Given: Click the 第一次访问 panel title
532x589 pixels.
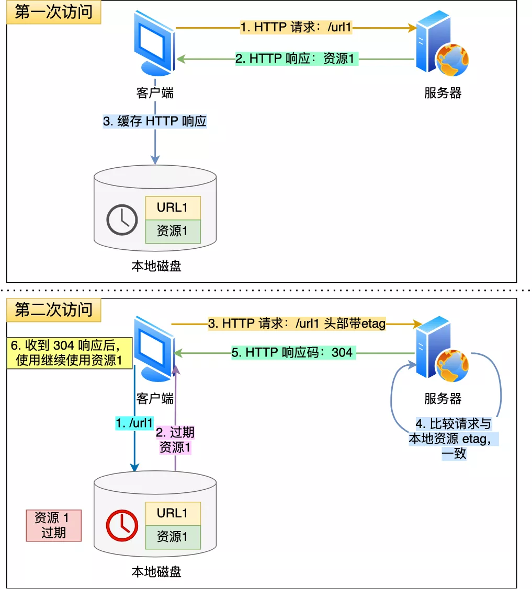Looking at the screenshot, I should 53,12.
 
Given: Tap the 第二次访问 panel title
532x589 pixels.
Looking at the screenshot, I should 53,310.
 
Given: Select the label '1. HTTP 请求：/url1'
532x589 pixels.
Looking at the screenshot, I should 296,27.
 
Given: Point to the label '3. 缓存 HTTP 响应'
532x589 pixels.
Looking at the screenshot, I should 155,121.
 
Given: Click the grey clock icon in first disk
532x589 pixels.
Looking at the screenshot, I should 122,220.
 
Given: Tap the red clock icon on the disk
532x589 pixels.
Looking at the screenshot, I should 122,525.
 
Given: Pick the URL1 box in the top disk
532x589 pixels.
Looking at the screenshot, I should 173,208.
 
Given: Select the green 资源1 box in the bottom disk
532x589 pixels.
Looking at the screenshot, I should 173,537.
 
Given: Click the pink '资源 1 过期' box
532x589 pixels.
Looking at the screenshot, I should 53,525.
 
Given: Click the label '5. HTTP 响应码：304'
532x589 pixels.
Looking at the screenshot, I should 292,353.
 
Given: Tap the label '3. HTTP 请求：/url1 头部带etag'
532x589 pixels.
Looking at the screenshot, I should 297,324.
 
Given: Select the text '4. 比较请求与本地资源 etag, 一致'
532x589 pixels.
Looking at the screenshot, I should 453,438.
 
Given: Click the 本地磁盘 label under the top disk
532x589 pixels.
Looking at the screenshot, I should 156,266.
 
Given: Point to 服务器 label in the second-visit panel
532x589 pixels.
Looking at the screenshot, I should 443,399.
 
